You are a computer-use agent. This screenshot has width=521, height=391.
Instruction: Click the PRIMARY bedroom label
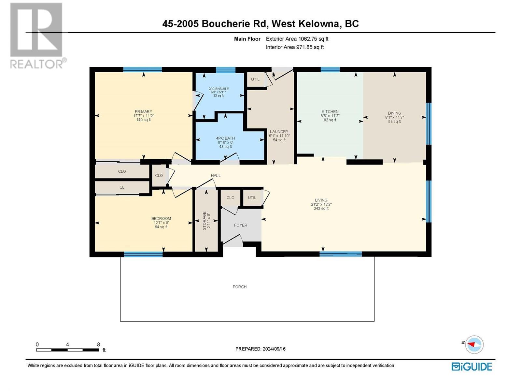143,111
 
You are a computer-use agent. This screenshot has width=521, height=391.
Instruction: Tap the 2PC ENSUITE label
218,89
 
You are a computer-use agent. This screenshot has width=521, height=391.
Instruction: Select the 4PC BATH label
225,138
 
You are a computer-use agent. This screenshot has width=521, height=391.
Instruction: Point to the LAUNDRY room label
279,132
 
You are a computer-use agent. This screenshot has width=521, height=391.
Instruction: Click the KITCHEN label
330,111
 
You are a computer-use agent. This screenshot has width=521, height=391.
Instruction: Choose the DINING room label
394,113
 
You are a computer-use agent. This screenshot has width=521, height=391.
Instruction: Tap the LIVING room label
321,200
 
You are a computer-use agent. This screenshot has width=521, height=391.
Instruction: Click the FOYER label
240,225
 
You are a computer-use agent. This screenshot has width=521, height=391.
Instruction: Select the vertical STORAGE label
204,221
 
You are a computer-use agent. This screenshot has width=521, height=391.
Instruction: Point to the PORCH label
239,287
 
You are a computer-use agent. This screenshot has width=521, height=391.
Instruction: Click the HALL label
216,175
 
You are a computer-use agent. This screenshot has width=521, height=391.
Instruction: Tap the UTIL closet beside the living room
252,197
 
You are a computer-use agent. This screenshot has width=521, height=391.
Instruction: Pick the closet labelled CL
122,187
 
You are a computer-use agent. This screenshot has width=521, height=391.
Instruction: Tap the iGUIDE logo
472,367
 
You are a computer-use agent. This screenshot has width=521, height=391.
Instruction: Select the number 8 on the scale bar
98,344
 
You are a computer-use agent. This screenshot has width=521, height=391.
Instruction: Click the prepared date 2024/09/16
274,349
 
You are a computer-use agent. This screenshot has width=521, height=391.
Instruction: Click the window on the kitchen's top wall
330,69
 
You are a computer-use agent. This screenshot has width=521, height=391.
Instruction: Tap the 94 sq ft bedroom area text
161,227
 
